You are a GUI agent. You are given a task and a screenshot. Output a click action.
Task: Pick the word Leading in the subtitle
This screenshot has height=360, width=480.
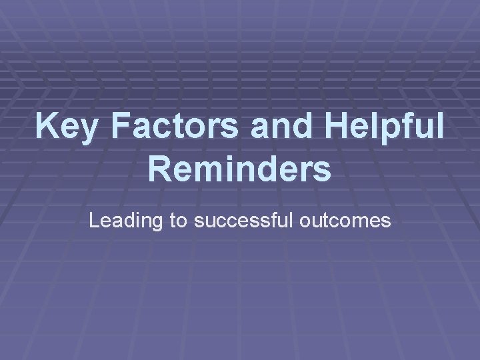coord(127,221)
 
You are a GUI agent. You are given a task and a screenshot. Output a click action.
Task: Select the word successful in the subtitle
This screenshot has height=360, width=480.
coord(243,221)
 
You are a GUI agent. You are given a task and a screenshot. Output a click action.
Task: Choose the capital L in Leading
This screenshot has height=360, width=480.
coord(94,221)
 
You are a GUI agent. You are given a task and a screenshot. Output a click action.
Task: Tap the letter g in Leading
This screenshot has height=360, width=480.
coord(159,223)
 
